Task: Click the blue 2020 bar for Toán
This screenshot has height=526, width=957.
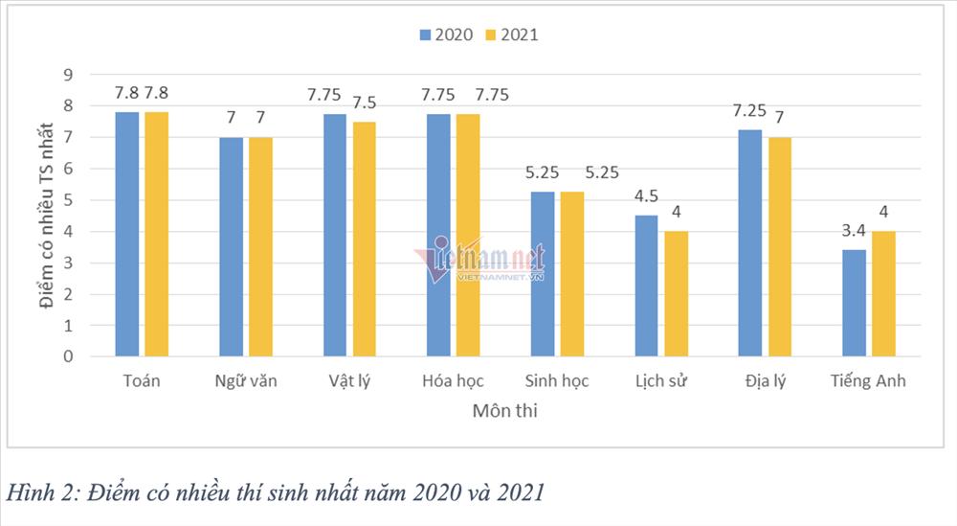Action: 127,235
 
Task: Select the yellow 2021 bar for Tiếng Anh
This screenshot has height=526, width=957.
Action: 883,294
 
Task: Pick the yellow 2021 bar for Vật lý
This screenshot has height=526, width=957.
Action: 364,240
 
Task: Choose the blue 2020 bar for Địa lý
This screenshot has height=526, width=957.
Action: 750,243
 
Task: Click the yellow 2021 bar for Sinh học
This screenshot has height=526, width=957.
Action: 571,274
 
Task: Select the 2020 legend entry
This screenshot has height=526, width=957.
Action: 445,34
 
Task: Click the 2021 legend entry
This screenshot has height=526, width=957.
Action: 512,34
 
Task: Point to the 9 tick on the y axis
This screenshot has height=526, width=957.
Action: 68,75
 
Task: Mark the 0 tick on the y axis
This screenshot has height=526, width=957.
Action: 68,356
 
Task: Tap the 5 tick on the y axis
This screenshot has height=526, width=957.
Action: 68,200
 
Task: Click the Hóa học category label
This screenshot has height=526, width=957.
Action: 453,381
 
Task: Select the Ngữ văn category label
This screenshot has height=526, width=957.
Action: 245,381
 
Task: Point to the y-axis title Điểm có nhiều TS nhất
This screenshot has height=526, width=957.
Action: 46,217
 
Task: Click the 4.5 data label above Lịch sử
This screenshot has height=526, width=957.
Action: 646,195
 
